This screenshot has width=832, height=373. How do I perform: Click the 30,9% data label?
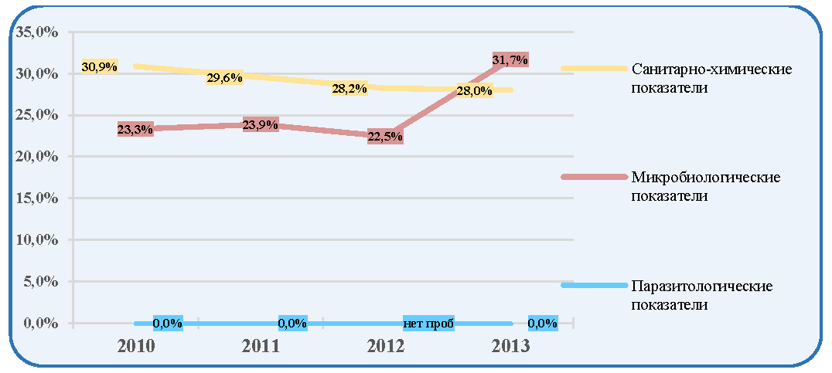(x=99, y=66)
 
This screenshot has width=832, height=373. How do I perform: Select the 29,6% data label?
(x=225, y=78)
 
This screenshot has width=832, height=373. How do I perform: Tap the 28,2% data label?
(x=350, y=89)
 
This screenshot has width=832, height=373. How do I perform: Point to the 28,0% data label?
(x=474, y=90)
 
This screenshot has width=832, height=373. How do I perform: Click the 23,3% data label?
(x=135, y=129)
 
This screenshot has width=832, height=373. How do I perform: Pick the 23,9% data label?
(x=260, y=126)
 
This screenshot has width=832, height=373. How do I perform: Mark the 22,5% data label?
(x=385, y=137)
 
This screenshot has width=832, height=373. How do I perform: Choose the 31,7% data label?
(x=510, y=60)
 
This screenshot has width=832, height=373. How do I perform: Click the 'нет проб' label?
(x=428, y=324)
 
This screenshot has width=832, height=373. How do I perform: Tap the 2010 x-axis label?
(x=135, y=347)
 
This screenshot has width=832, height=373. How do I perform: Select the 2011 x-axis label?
(x=260, y=347)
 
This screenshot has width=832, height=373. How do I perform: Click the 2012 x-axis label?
(x=385, y=347)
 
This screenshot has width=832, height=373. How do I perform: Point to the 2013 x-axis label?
(x=510, y=347)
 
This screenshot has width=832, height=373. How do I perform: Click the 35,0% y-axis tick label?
(x=37, y=32)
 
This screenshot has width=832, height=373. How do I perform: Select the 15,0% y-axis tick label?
(x=37, y=198)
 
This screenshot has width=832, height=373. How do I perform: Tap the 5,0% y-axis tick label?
(x=41, y=281)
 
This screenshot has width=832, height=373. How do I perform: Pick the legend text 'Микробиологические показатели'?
(x=706, y=186)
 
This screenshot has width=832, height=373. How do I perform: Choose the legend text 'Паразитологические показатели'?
(x=701, y=295)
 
